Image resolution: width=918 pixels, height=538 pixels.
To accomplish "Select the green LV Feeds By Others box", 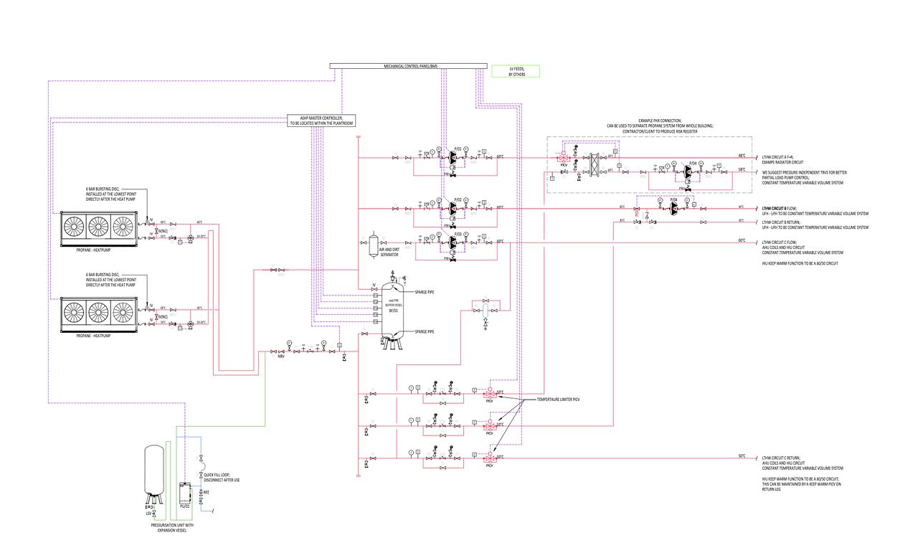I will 515,71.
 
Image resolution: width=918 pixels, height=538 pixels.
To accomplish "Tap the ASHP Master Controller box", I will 322,121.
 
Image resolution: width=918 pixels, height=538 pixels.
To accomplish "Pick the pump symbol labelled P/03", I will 453,243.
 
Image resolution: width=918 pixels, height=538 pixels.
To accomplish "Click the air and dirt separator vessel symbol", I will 373,244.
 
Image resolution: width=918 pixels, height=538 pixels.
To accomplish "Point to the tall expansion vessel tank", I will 153,470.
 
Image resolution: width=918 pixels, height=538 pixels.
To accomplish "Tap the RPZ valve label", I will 207,493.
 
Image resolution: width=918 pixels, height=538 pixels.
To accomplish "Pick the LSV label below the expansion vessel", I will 148,514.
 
